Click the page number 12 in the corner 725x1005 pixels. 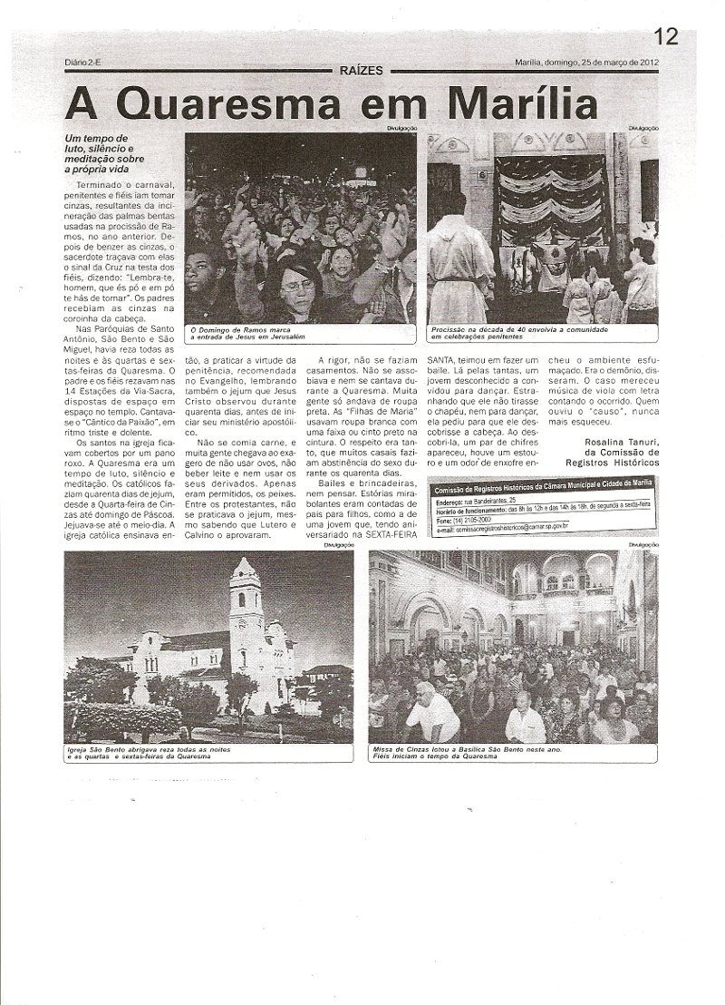pyautogui.click(x=666, y=36)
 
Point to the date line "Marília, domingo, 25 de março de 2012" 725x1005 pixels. pyautogui.click(x=593, y=63)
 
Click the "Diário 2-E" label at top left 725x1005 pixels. pyautogui.click(x=86, y=63)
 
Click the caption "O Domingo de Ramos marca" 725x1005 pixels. pyautogui.click(x=243, y=329)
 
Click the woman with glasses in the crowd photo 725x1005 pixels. pyautogui.click(x=299, y=286)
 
